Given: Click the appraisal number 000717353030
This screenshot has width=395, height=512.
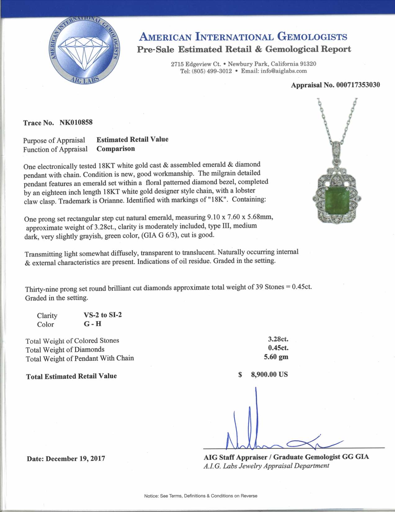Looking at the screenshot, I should [x=358, y=85].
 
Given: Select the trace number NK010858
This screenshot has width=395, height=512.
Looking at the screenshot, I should [x=76, y=122].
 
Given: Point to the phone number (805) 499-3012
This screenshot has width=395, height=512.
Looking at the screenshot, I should [x=212, y=71].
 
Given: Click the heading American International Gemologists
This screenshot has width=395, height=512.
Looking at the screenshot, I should [x=243, y=37].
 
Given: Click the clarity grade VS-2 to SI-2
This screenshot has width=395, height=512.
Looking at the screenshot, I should [x=103, y=315].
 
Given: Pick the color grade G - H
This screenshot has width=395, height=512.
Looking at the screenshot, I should [x=92, y=324].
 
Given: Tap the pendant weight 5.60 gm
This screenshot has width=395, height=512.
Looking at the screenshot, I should [x=276, y=357].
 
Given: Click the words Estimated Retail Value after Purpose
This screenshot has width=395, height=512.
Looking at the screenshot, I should [x=132, y=139].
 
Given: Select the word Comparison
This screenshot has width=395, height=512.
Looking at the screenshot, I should [x=116, y=149].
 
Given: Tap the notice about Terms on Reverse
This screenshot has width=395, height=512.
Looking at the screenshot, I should [x=201, y=496].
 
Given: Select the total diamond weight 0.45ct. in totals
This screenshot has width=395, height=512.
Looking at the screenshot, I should [x=278, y=348].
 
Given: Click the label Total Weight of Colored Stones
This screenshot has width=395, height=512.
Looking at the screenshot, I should [x=72, y=341].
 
